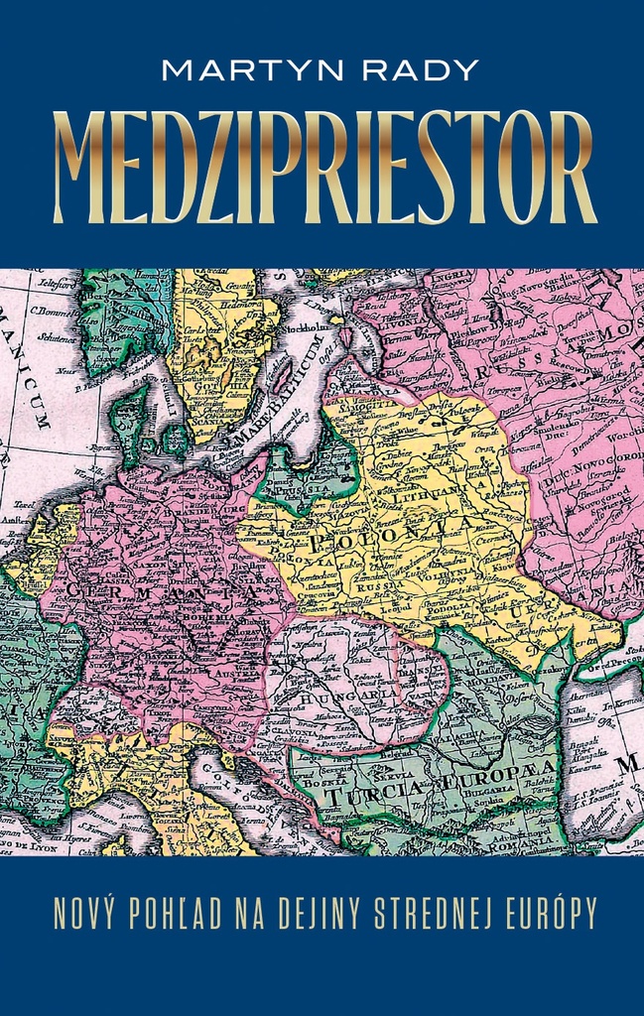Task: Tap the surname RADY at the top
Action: tap(421, 71)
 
